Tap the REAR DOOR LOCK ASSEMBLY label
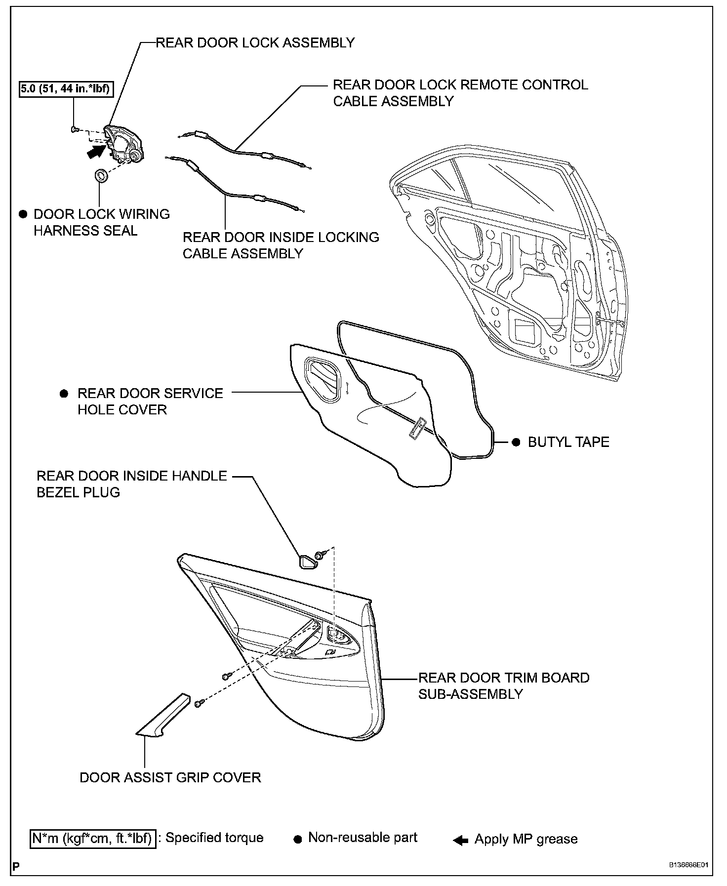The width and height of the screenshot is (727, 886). (255, 42)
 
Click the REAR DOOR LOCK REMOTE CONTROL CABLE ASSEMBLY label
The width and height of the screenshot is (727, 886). (460, 93)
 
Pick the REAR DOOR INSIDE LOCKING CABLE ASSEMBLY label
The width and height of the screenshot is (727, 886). (281, 245)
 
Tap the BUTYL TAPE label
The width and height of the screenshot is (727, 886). (568, 442)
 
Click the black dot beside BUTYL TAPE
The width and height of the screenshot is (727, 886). (516, 442)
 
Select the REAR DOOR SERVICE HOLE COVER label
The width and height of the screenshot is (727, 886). (150, 401)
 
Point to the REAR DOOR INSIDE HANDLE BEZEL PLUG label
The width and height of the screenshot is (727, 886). (132, 484)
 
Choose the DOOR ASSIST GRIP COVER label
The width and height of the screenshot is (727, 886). (170, 777)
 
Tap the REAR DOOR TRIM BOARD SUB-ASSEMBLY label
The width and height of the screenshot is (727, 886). (504, 685)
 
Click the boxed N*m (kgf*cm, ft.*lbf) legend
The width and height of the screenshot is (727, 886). (93, 839)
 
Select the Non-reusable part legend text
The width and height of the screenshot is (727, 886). (363, 838)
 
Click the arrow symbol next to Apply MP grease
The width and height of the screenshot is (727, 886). (460, 840)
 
